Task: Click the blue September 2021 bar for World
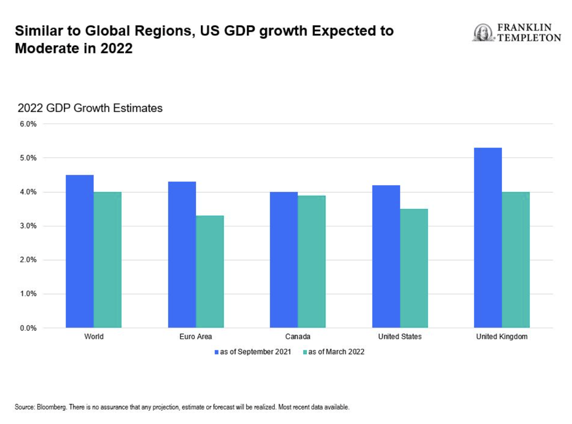pos(79,251)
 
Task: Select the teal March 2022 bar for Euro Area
pos(210,271)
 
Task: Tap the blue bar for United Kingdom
pos(488,237)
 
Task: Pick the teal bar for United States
pos(414,268)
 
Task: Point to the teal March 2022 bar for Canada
pos(311,261)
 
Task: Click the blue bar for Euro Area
pos(182,254)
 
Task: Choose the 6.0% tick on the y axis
pos(28,124)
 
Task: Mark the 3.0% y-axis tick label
pos(28,226)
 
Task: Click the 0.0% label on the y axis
pos(28,328)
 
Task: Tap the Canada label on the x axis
pos(298,336)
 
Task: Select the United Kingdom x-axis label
pos(502,336)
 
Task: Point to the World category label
pos(94,336)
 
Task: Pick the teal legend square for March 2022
pos(305,352)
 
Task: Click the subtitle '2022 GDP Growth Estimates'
pos(90,108)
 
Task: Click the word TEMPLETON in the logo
pos(529,38)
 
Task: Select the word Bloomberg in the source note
pos(52,407)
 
